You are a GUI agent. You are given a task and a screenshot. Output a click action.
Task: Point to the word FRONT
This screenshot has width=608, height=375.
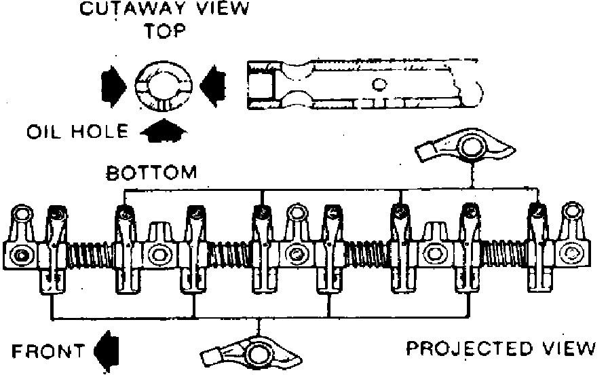point(47,351)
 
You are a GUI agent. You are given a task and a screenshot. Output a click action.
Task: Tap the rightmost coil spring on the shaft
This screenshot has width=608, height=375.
point(508,255)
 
